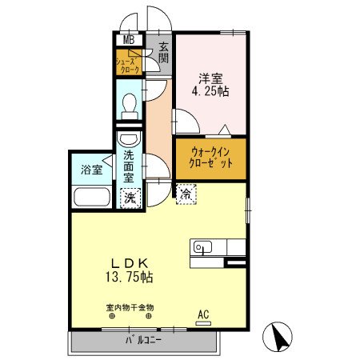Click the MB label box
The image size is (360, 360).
point(128,40)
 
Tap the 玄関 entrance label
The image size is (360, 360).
point(163,53)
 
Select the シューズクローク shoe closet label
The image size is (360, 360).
point(129,65)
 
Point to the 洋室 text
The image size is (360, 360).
point(212,78)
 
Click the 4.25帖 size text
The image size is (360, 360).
point(212,92)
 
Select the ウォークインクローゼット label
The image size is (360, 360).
point(212,157)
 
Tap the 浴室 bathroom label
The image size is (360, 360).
point(91,170)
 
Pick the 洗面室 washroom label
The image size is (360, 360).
point(129,169)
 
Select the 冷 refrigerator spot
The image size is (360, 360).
point(185,192)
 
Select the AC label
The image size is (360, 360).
point(203,314)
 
